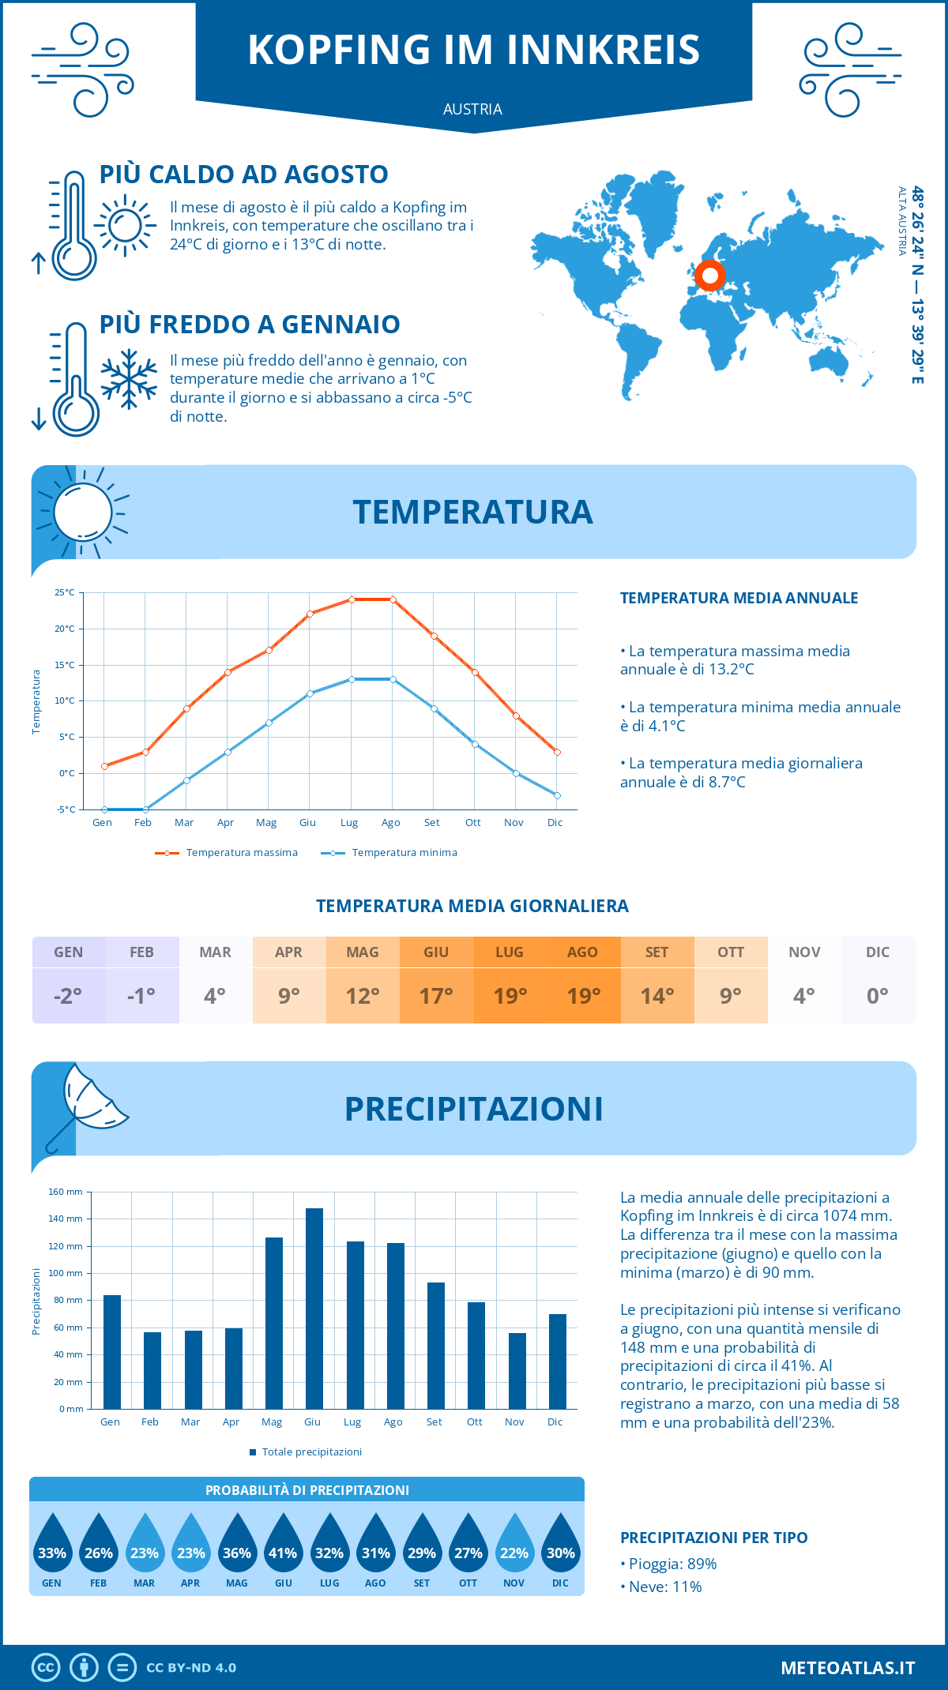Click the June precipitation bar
[x=314, y=1309]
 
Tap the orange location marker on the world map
[x=709, y=276]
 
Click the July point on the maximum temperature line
[x=352, y=599]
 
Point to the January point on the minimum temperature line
[x=104, y=809]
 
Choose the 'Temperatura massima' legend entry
[x=228, y=853]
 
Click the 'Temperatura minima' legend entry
[x=390, y=853]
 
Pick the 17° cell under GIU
[x=436, y=996]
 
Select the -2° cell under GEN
[x=68, y=996]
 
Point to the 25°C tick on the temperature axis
[x=65, y=592]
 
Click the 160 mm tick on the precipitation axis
[x=66, y=1192]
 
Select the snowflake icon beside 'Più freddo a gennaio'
[x=129, y=379]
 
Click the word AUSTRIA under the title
[x=472, y=109]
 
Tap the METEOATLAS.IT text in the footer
[x=848, y=1668]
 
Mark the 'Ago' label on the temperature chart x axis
[x=391, y=823]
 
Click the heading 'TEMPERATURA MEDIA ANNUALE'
[x=739, y=598]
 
